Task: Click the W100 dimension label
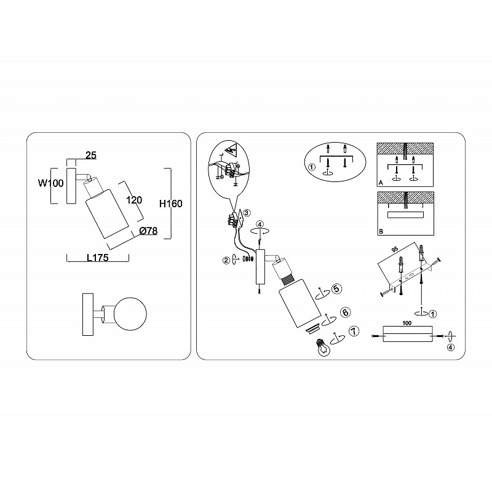pos(51,183)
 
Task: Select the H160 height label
pos(171,204)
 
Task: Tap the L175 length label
pos(98,258)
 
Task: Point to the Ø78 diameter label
pos(148,231)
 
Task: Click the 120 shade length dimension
pos(134,200)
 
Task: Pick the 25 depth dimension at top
pos(91,155)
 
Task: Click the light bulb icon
pos(325,347)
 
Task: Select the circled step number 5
pos(336,288)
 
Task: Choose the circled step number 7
pos(354,331)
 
